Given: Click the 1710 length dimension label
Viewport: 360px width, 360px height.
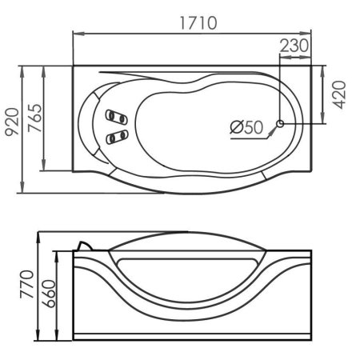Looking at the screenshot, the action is coord(198,23).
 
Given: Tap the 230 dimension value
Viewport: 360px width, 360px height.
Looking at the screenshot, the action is coord(294,46).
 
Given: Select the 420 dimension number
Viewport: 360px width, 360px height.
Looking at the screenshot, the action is coord(340,95).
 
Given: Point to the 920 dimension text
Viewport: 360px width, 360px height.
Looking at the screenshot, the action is coord(12,122).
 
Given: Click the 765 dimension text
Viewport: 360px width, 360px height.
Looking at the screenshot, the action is coord(35,118).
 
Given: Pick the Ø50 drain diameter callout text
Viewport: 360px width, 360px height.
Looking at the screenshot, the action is coord(246,127).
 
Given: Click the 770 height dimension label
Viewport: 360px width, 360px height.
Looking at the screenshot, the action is coord(27,284).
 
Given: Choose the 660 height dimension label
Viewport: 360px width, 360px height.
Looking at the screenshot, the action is coord(49,294).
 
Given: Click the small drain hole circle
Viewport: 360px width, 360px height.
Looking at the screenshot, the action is coord(280,124).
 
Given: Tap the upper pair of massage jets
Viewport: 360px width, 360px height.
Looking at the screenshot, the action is coord(117,117).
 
